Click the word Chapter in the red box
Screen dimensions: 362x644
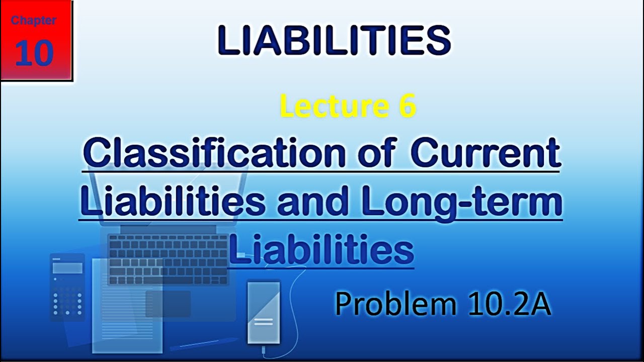click(x=34, y=21)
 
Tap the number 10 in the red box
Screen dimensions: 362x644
click(x=34, y=53)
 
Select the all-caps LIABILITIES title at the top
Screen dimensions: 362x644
click(x=334, y=41)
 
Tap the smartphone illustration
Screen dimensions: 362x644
click(x=264, y=312)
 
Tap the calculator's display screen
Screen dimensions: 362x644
click(x=67, y=268)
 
